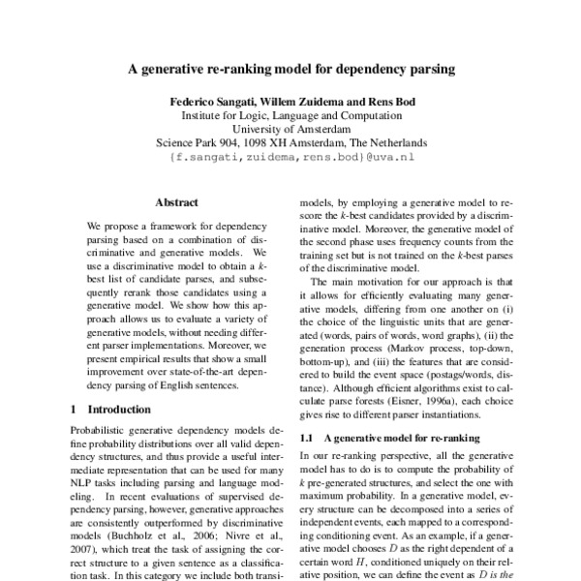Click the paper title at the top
(x=290, y=70)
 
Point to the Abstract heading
(x=176, y=202)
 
